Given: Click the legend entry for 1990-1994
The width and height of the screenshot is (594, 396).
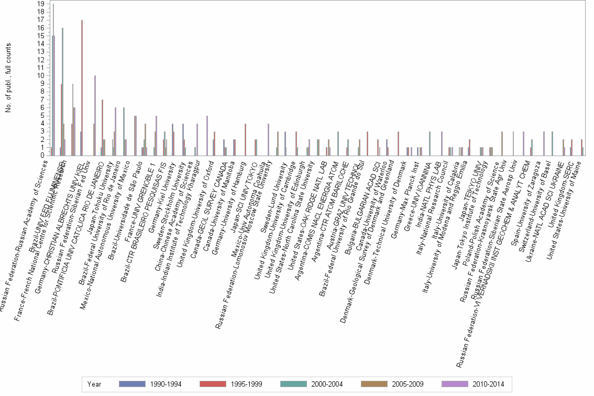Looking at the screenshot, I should click(x=151, y=384).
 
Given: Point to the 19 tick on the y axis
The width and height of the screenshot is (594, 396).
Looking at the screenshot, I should click(x=41, y=4).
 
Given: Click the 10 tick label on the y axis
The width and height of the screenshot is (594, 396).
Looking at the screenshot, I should click(x=41, y=75).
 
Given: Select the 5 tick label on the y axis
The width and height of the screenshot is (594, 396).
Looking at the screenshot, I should click(x=42, y=116).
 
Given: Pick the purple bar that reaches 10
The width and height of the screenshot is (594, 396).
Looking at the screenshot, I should click(x=95, y=115).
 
